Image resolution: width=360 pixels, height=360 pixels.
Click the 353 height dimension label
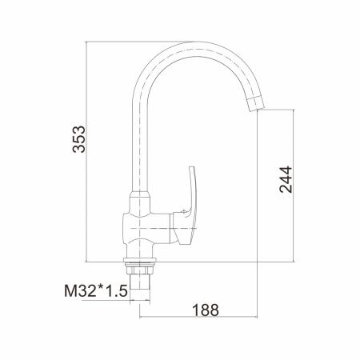click(79, 139)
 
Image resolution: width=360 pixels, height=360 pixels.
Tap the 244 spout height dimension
click(286, 179)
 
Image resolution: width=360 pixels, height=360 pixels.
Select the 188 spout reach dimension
click(206, 310)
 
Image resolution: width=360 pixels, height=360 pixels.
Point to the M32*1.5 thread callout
click(96, 291)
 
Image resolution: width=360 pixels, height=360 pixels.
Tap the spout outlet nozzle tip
click(255, 104)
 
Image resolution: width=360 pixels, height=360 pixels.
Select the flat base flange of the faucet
click(139, 260)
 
